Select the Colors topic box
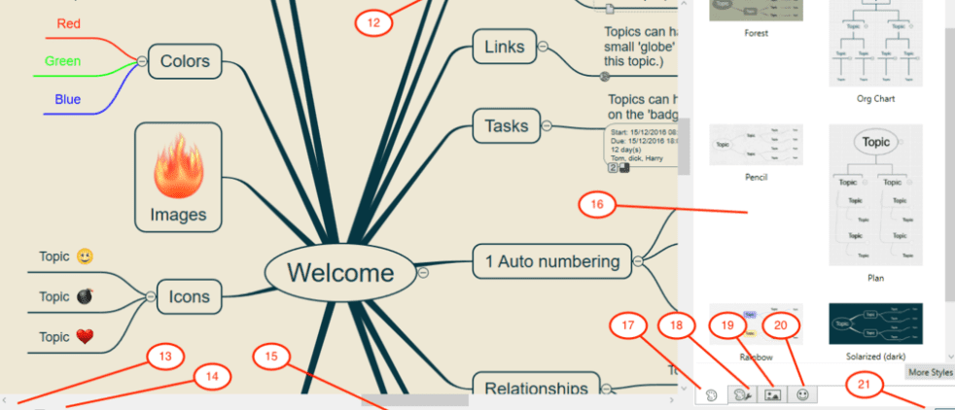point(185,61)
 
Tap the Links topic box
point(504,47)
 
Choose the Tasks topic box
point(507,125)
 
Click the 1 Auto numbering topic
point(551,260)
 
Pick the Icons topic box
point(190,295)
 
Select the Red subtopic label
point(69,23)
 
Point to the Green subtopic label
point(63,61)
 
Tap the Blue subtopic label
point(68,99)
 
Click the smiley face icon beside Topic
point(86,257)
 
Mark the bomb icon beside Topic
point(86,297)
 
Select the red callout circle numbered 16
point(598,205)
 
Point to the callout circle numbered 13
point(165,357)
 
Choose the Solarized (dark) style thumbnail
point(875,323)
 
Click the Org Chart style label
point(875,99)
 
